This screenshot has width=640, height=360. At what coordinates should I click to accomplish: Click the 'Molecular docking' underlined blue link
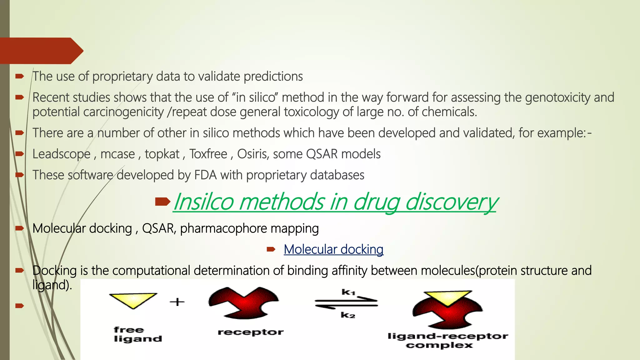tap(333, 249)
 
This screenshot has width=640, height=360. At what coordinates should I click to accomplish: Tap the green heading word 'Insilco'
tap(203, 202)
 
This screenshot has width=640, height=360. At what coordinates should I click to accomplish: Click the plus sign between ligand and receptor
tap(177, 302)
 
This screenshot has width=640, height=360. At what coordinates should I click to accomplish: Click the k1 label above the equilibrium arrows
tap(348, 292)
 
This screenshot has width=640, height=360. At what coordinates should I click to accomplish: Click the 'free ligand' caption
tap(137, 334)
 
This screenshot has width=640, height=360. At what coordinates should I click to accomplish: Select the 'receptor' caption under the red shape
tap(251, 332)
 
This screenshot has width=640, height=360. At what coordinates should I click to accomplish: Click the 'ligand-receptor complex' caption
tap(447, 341)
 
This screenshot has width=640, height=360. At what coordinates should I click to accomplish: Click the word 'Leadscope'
tap(61, 154)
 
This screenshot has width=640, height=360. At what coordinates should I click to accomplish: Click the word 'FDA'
tap(205, 175)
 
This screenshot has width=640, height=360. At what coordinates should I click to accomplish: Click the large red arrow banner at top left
tap(41, 51)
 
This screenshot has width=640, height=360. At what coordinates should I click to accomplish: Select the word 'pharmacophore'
tap(224, 228)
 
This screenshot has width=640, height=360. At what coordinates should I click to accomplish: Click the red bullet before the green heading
tap(162, 202)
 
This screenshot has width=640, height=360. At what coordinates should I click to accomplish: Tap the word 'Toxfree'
tap(208, 154)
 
